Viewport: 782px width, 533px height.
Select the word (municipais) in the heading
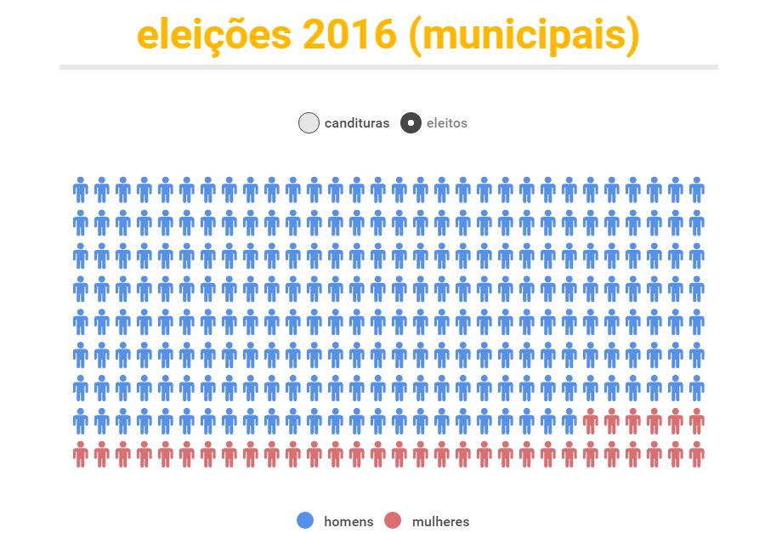524,36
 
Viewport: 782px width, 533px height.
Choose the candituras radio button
309,123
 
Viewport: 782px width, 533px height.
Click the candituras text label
357,123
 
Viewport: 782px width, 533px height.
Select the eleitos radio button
411,123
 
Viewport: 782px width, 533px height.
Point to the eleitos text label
446,123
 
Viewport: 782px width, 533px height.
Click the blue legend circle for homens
305,520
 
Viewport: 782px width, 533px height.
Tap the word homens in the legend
348,521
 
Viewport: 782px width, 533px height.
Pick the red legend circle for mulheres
392,520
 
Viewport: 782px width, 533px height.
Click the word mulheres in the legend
440,521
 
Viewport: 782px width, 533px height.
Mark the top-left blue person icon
81,190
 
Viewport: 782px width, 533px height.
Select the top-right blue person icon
697,190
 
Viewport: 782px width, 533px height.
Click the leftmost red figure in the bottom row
81,454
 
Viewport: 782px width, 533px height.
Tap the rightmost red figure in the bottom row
697,454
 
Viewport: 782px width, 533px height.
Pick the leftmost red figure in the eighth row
591,421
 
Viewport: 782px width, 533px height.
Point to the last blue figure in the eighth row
569,421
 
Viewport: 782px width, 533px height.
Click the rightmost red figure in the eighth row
697,421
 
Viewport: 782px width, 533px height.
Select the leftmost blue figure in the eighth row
81,421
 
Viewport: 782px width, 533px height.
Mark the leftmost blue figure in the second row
81,223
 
